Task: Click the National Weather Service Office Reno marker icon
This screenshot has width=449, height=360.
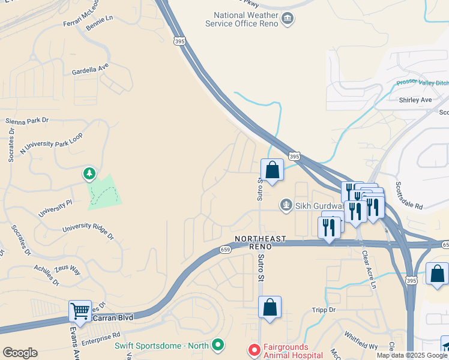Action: click(x=288, y=19)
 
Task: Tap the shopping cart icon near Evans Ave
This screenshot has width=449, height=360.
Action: click(x=80, y=311)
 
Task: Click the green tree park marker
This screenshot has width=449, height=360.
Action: click(x=89, y=174)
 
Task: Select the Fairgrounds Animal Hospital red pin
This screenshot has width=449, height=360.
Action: click(x=254, y=349)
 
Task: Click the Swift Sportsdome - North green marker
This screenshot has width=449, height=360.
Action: click(x=218, y=345)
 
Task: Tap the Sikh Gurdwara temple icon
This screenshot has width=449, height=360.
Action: click(x=286, y=206)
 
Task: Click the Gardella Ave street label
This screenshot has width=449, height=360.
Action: click(x=90, y=70)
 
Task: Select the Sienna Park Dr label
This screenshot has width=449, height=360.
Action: click(x=26, y=121)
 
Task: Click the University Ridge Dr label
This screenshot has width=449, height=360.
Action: click(x=88, y=230)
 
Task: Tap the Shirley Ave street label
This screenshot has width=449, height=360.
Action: click(x=415, y=100)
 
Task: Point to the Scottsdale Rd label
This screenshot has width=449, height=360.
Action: click(x=410, y=196)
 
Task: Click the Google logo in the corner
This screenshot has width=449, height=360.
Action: click(x=20, y=353)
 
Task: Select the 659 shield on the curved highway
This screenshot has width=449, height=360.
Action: click(x=225, y=249)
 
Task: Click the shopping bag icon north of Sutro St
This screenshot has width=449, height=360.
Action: click(x=272, y=170)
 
